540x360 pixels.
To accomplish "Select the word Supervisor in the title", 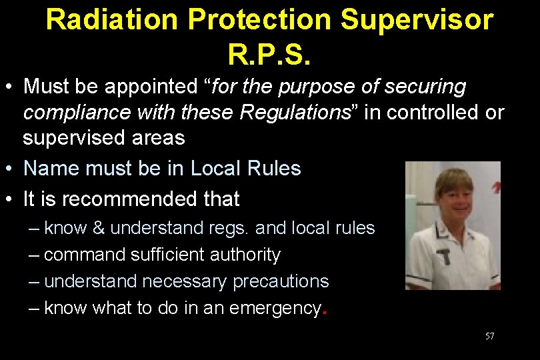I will tap(417, 21).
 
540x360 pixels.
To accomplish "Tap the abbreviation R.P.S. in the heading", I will tap(269, 54).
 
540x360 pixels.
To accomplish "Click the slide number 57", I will tap(489, 336).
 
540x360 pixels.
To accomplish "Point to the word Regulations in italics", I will tap(294, 113).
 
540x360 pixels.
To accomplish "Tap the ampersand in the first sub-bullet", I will tap(98, 228).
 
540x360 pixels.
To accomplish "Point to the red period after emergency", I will tap(324, 312).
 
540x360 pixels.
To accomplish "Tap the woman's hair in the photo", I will tap(453, 178).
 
